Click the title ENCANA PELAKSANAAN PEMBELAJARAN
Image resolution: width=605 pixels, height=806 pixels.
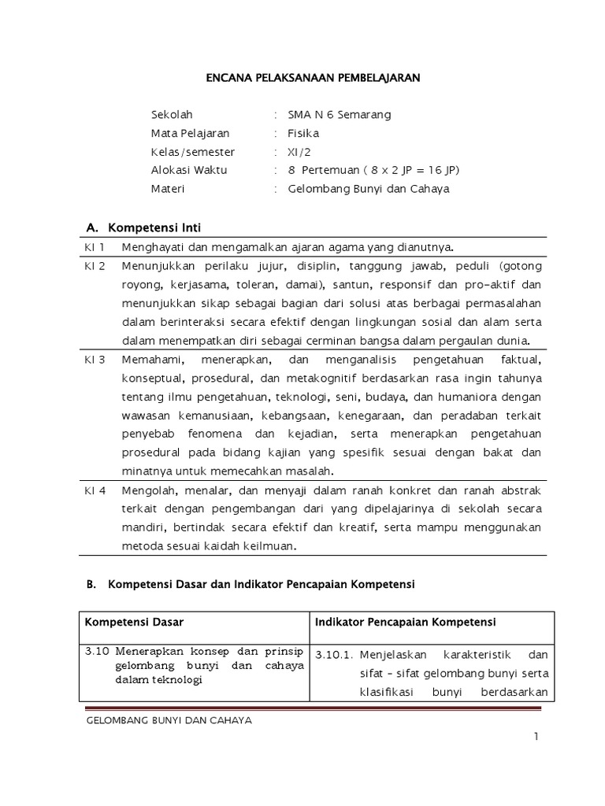(x=313, y=78)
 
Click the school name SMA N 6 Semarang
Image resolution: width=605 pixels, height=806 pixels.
(x=339, y=114)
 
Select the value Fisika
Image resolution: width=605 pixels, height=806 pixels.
(x=303, y=133)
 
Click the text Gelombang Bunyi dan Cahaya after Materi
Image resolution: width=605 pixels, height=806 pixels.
(x=369, y=190)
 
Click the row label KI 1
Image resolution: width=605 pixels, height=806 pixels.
(x=95, y=247)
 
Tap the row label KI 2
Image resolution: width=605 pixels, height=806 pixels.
(x=95, y=266)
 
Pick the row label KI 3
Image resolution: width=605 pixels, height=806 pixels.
(x=95, y=360)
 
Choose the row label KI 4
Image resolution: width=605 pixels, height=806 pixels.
(x=95, y=490)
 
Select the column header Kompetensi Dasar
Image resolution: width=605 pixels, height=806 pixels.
(x=134, y=622)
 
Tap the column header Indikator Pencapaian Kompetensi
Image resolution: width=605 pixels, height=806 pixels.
(x=405, y=622)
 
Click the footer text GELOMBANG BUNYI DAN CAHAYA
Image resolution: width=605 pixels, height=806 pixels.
(x=168, y=721)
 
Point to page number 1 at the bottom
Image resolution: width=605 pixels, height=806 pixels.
(x=536, y=737)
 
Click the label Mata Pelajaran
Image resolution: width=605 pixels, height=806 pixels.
(x=190, y=133)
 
